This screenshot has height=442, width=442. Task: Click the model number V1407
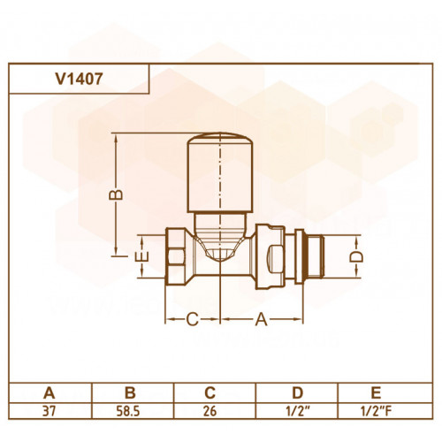(79, 79)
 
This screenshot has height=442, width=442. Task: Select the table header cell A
(50, 392)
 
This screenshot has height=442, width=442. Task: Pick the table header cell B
(130, 392)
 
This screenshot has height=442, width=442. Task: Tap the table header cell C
(210, 392)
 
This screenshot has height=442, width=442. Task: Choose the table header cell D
(298, 392)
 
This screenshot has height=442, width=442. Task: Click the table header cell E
(377, 392)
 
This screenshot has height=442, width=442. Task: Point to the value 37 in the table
(49, 411)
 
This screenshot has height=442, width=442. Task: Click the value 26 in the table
(210, 411)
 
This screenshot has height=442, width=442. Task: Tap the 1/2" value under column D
(297, 411)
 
